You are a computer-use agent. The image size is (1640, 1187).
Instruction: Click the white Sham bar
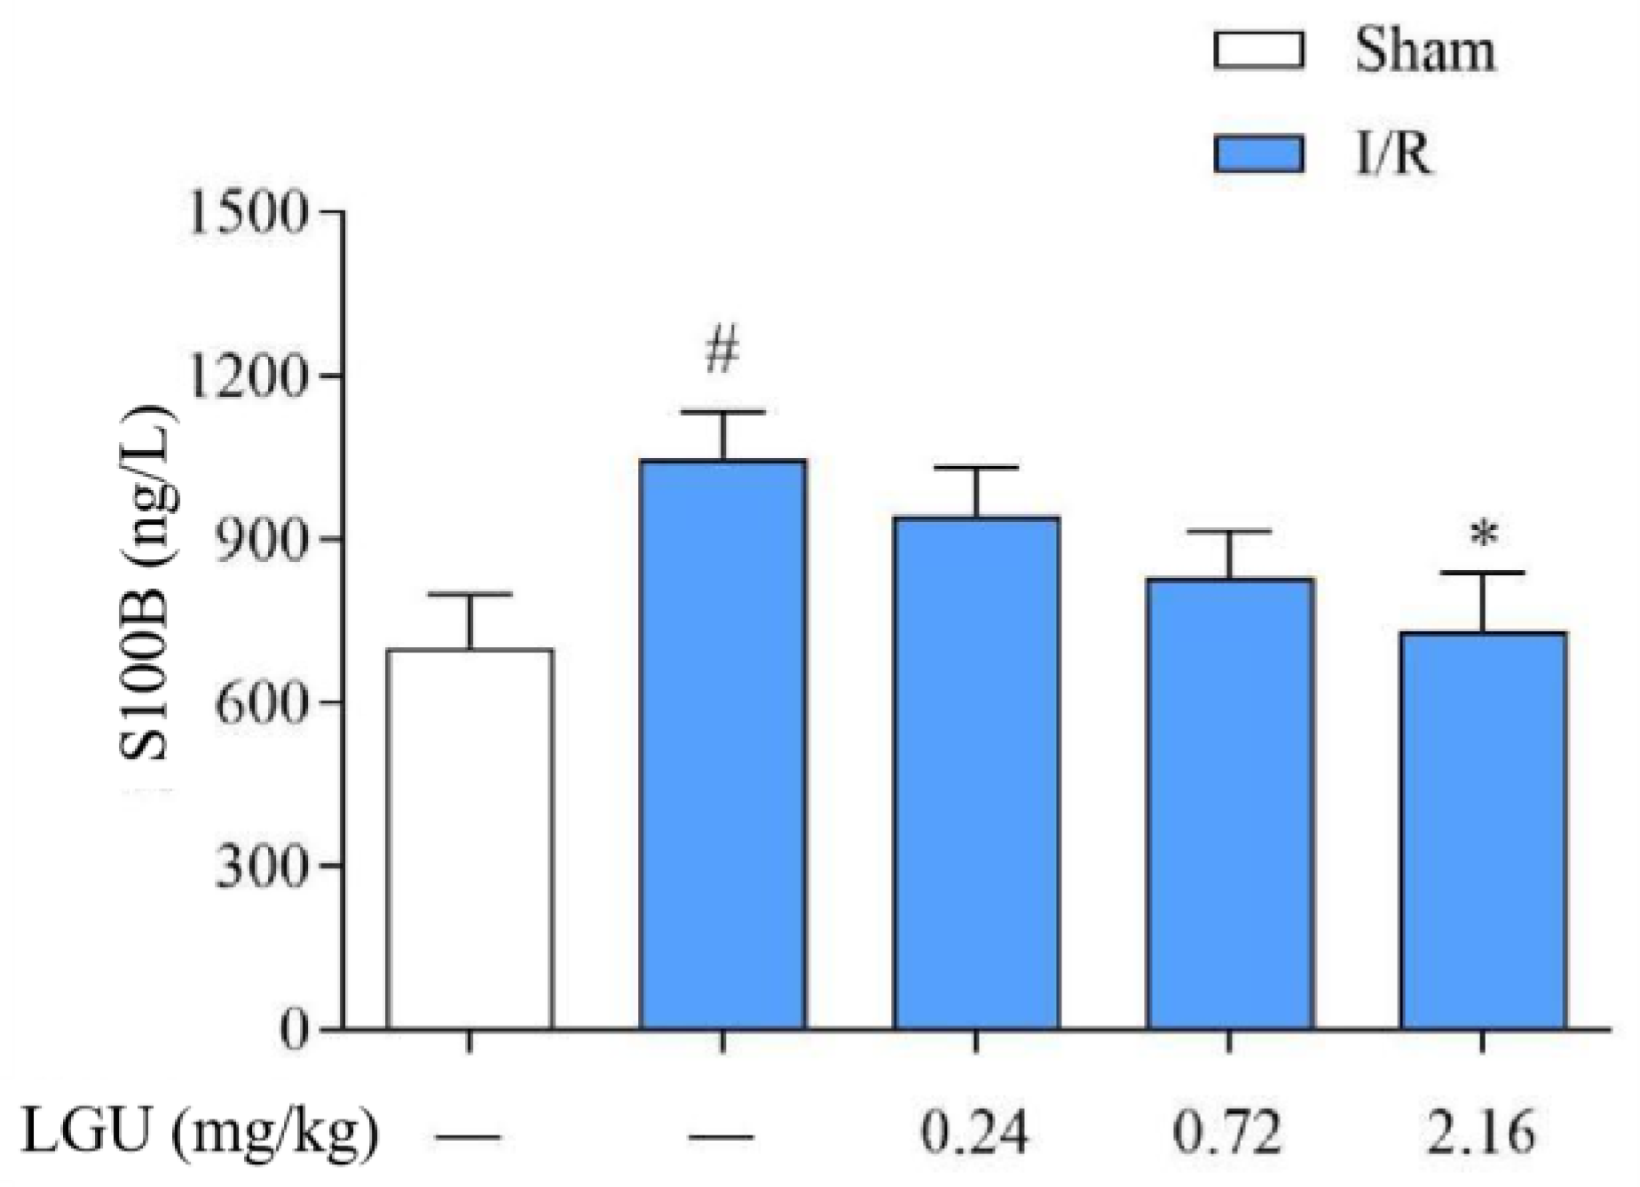pyautogui.click(x=469, y=839)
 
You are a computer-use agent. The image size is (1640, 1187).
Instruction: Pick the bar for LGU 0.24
pyautogui.click(x=976, y=772)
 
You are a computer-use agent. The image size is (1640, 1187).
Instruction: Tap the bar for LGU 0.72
pyautogui.click(x=1230, y=803)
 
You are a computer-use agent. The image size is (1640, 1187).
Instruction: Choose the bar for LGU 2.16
pyautogui.click(x=1483, y=830)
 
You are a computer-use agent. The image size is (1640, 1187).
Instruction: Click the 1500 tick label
pyautogui.click(x=248, y=213)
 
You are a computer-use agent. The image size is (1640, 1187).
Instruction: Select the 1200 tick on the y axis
pyautogui.click(x=248, y=376)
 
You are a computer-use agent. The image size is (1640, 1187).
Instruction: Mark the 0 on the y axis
pyautogui.click(x=294, y=1029)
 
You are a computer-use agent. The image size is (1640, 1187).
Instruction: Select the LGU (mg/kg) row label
pyautogui.click(x=200, y=1133)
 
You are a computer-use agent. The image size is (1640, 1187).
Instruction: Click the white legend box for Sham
pyautogui.click(x=1258, y=51)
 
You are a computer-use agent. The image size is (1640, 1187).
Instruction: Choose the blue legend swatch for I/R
pyautogui.click(x=1258, y=154)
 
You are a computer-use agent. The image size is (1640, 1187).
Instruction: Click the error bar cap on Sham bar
pyautogui.click(x=469, y=594)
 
